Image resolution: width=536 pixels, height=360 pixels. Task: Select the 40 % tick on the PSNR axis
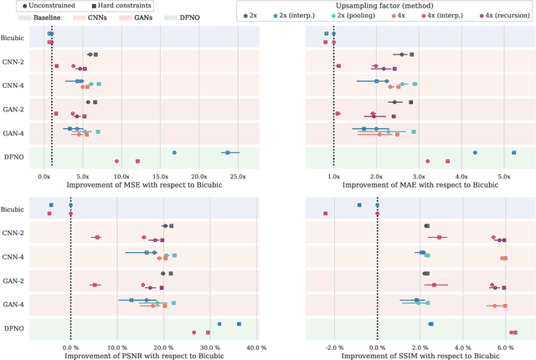[257, 347]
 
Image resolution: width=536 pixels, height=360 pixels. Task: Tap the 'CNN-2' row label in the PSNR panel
[13, 233]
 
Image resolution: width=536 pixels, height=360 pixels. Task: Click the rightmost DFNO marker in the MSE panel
[227, 152]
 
